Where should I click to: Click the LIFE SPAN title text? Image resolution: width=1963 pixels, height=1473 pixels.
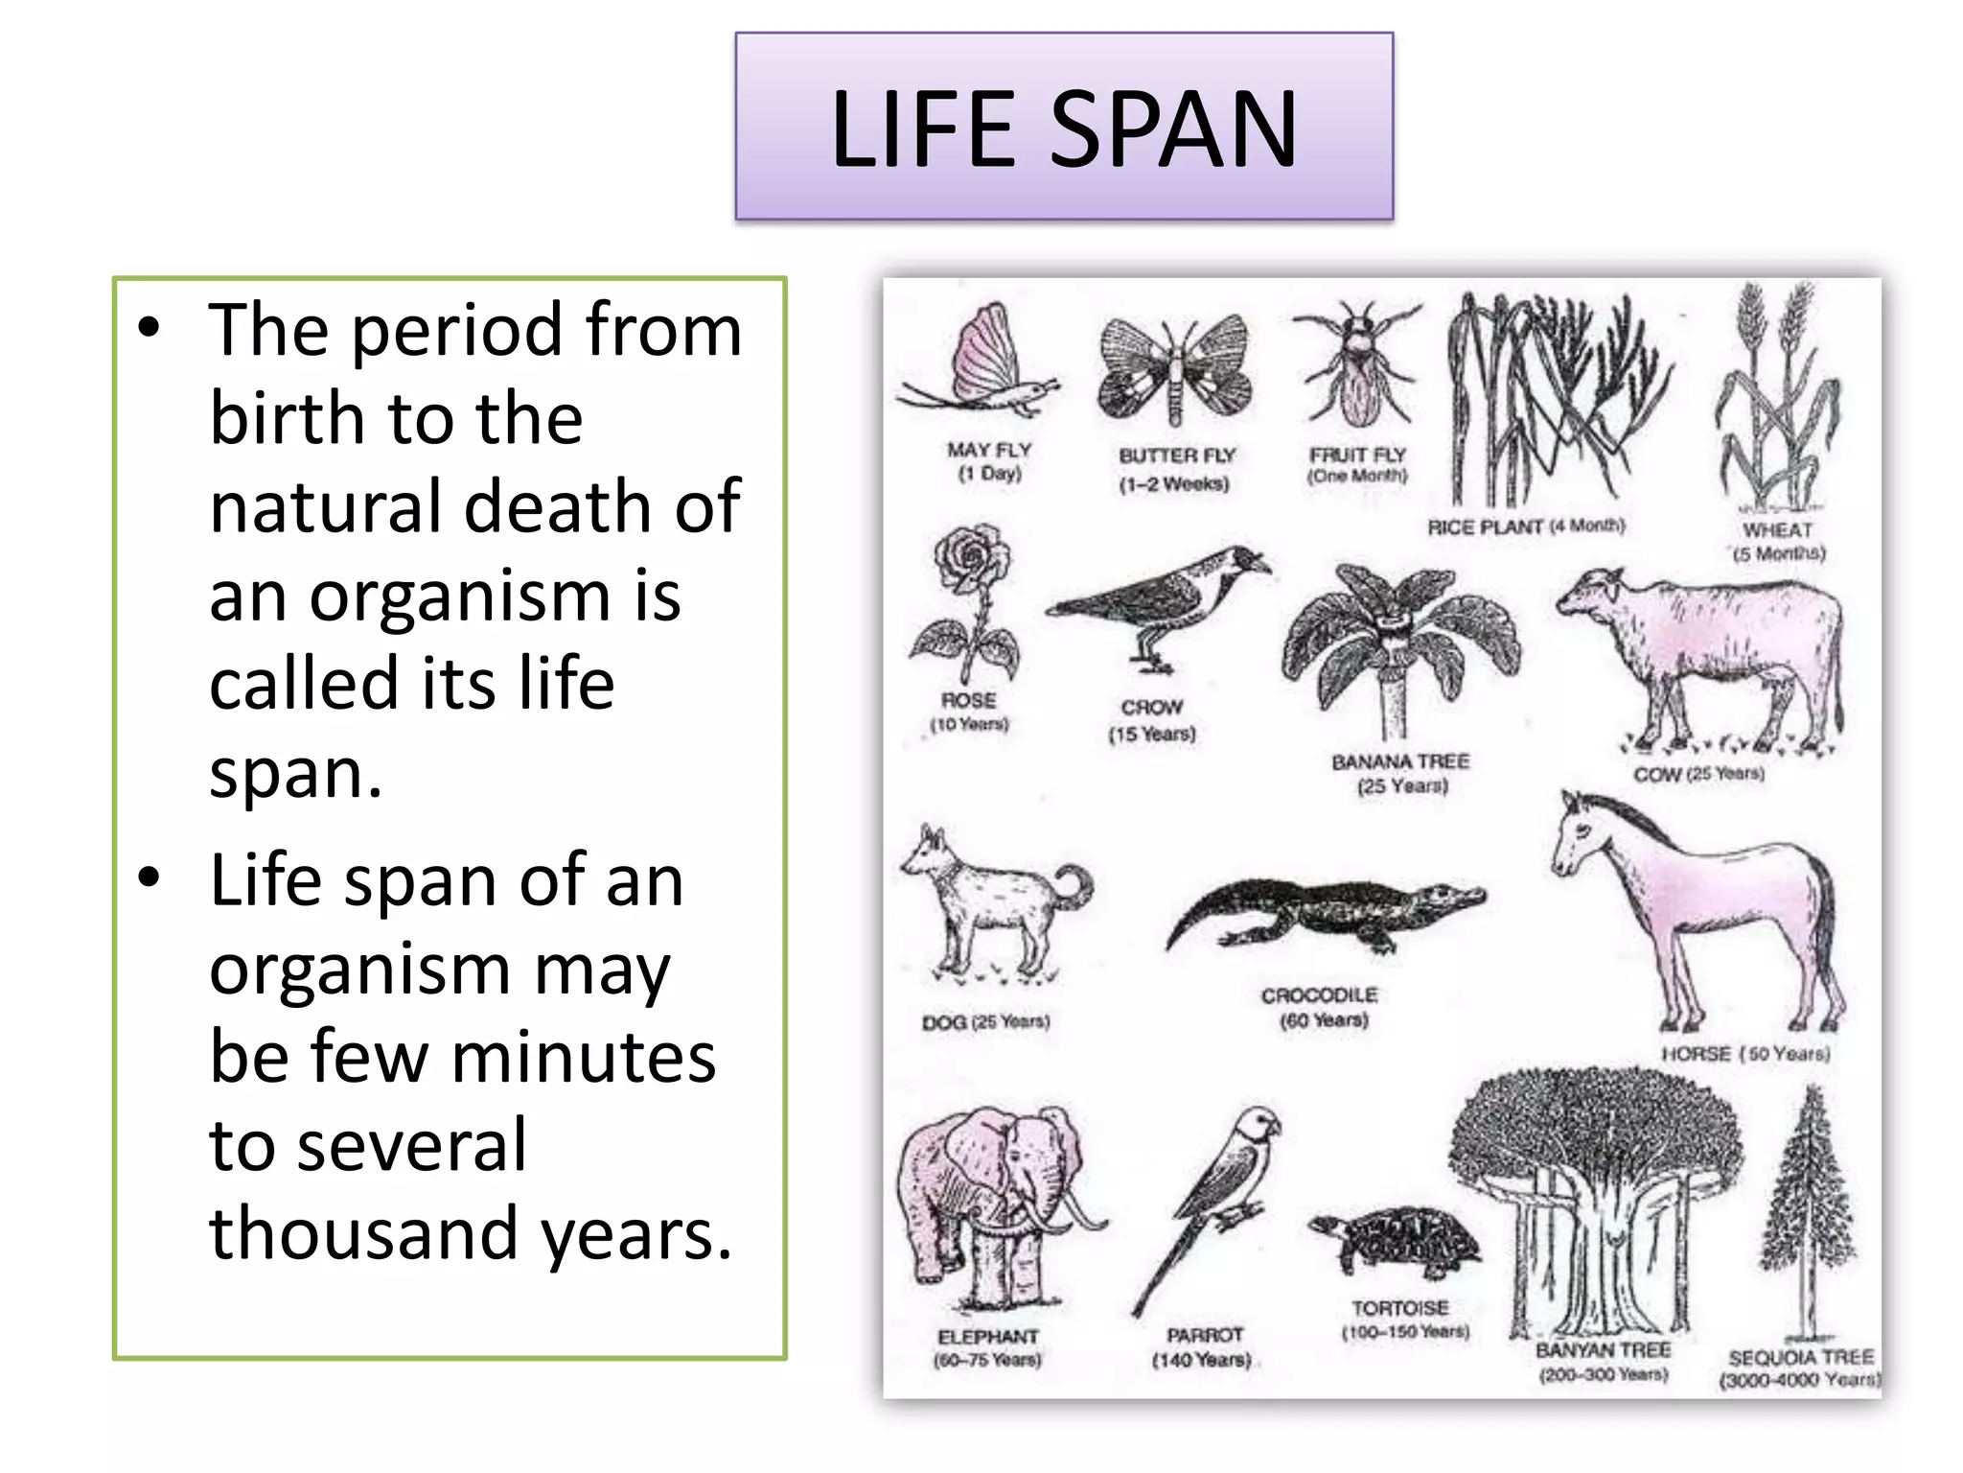pos(1064,129)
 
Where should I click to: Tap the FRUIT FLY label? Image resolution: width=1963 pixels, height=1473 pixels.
pos(1357,456)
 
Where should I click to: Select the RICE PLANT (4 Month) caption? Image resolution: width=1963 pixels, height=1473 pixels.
pos(1526,526)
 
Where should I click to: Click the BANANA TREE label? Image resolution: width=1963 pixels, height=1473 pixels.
pos(1400,762)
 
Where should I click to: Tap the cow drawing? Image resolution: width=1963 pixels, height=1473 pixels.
pos(1706,652)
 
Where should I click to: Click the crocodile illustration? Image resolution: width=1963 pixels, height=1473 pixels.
pos(1328,911)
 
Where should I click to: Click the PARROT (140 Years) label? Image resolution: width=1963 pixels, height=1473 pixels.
pos(1204,1347)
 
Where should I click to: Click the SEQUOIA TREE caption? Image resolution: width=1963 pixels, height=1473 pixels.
pos(1800,1358)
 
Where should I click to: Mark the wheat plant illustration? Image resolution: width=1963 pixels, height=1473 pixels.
pos(1778,403)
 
